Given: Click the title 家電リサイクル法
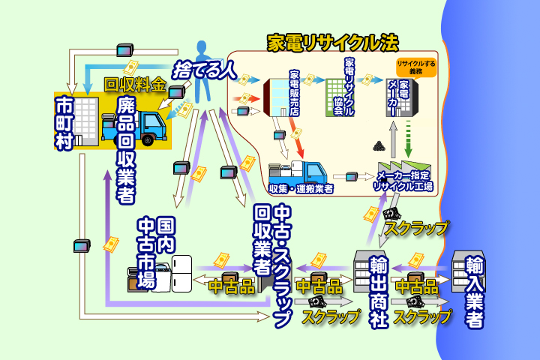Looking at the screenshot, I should [334, 42].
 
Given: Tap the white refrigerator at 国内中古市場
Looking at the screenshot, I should [182, 274].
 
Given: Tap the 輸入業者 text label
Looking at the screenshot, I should [474, 292].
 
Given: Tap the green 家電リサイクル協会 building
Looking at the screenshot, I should [334, 97].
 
